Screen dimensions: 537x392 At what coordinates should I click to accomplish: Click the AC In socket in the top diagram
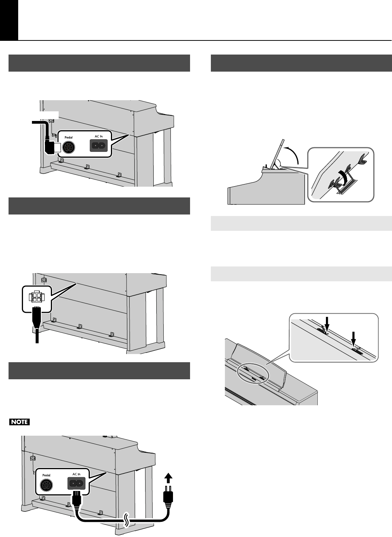pos(99,146)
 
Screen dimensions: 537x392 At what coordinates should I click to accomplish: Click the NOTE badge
pos(20,422)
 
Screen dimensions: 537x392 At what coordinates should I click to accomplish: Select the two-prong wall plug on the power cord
pos(167,498)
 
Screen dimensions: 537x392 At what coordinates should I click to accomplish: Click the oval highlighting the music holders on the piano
pos(252,373)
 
